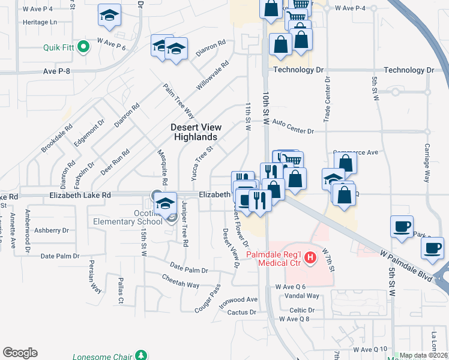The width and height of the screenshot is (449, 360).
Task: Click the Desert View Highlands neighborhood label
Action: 196,132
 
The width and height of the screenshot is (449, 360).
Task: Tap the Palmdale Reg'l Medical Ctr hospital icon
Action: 310,259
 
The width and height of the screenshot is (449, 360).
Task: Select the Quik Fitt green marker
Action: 85,46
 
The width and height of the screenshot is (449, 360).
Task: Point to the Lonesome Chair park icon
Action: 141,356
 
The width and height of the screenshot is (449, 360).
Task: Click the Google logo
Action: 20,353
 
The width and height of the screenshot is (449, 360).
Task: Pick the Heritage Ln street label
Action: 39,22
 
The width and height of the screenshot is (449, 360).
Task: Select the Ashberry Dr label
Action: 52,230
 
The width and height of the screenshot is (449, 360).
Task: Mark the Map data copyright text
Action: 424,355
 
